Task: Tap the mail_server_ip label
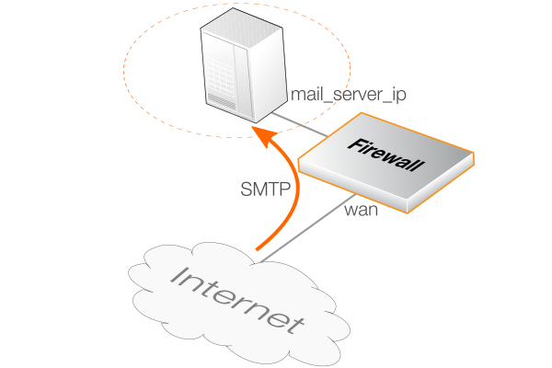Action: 348,94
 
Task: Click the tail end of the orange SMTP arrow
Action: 259,247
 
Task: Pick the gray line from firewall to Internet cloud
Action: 304,231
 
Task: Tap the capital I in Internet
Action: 179,273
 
